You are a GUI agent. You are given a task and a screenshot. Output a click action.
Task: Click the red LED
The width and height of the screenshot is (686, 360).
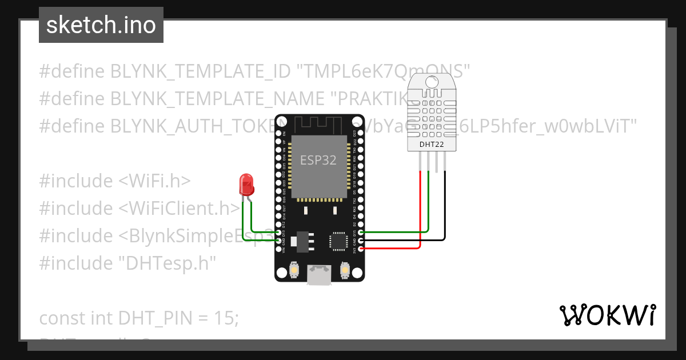(246, 184)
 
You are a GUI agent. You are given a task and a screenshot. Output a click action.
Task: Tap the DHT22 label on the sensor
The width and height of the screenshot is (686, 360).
(432, 144)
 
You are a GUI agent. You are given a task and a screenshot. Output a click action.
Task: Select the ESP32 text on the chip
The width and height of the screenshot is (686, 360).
(319, 160)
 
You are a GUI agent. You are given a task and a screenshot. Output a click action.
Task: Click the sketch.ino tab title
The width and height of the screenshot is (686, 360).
(101, 25)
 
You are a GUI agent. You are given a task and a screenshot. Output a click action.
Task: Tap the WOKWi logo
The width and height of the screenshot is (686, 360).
(607, 315)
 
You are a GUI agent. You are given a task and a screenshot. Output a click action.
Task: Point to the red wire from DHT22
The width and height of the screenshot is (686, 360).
(421, 211)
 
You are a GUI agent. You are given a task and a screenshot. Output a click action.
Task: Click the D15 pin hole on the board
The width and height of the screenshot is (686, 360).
(360, 233)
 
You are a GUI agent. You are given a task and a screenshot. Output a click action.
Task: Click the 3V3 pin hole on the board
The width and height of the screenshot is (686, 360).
(360, 249)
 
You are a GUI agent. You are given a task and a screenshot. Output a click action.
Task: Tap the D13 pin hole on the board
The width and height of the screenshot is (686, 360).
(279, 233)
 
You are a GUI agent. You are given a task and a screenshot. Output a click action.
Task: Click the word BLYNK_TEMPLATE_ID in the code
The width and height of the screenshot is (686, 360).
(200, 71)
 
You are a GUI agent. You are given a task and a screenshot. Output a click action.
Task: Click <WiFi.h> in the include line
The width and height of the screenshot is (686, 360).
(154, 181)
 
